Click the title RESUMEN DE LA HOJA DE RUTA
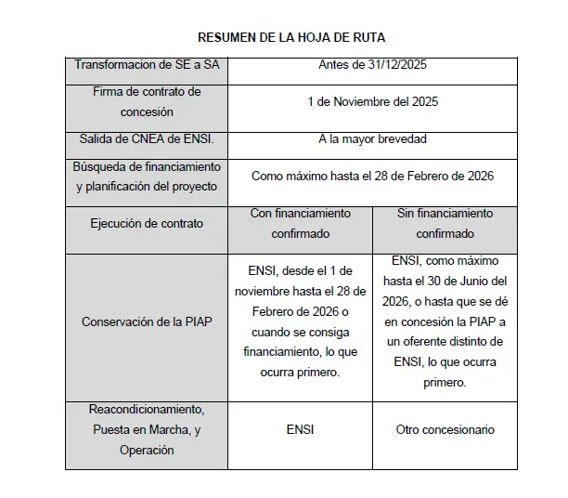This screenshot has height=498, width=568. click(291, 38)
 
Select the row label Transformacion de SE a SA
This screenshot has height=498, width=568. click(147, 65)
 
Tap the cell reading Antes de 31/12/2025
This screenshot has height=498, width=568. click(372, 65)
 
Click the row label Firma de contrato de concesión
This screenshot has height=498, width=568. click(147, 101)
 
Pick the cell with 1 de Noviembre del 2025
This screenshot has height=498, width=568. click(372, 101)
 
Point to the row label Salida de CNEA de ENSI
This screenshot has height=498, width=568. click(147, 139)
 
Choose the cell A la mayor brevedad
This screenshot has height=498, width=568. click(372, 139)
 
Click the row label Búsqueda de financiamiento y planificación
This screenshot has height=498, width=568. click(147, 176)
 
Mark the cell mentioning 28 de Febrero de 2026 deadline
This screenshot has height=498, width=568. click(372, 176)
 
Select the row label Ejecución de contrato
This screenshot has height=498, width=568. click(147, 223)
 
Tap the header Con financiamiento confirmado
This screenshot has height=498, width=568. click(301, 223)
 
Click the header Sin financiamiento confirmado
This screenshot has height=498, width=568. click(445, 223)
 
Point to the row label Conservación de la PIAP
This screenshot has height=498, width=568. click(147, 322)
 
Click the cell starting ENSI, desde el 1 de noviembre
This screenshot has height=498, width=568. click(301, 321)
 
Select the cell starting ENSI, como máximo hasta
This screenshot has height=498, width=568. click(445, 321)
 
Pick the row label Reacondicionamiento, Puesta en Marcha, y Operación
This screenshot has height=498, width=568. click(147, 429)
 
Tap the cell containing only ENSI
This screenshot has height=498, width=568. click(301, 429)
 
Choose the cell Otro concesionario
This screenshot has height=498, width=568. click(445, 429)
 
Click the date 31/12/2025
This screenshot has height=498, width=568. click(397, 65)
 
